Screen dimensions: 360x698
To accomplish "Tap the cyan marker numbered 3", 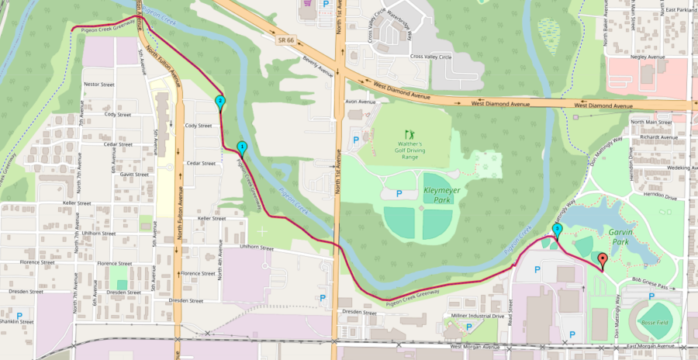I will (x=557, y=230).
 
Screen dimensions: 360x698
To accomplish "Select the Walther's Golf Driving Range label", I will (x=410, y=151).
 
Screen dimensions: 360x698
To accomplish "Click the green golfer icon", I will (x=409, y=134).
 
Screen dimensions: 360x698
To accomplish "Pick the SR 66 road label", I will (x=285, y=39).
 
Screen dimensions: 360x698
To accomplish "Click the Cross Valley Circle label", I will (x=431, y=56).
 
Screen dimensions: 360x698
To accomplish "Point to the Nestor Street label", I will (x=98, y=84).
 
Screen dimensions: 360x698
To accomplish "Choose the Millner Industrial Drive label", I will (x=476, y=317).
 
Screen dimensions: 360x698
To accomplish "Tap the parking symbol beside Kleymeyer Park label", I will (x=399, y=193).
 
